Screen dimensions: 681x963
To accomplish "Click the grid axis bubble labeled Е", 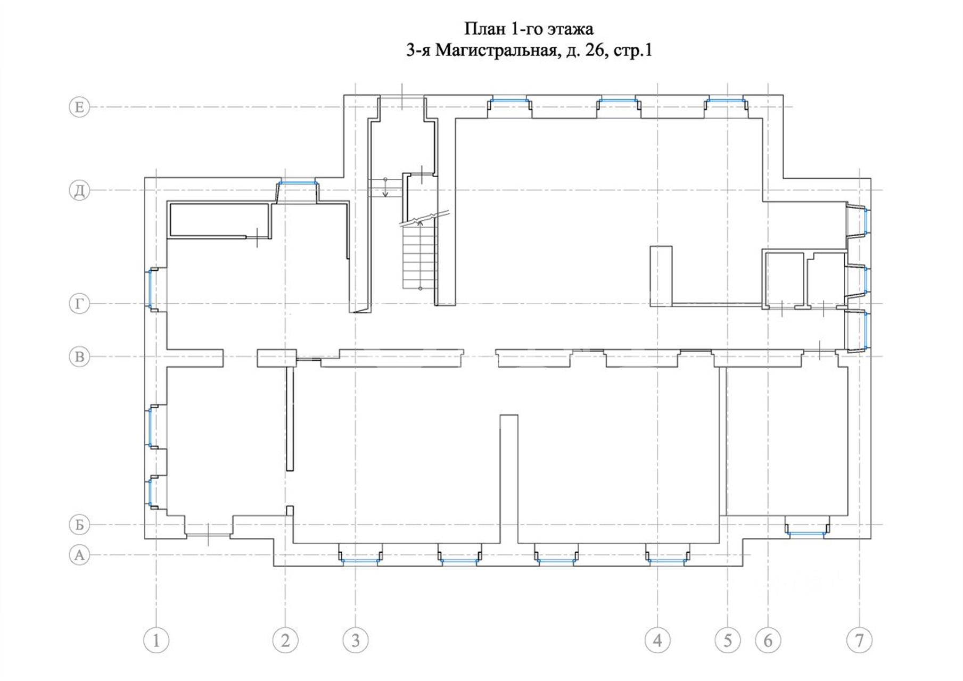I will tap(79, 107).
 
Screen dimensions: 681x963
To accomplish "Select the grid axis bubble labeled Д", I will tap(79, 190).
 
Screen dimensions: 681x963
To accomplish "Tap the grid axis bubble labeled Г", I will tap(79, 304).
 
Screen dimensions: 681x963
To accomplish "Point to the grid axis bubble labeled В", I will tap(79, 356).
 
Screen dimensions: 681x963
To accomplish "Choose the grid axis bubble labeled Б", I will tap(79, 525).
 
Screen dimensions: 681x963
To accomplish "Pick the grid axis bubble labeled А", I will tap(79, 555).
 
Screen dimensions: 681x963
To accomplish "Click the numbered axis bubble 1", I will tap(157, 640).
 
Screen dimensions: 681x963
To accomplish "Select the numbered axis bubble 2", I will tap(285, 640).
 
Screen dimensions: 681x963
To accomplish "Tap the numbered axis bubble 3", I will tap(356, 640).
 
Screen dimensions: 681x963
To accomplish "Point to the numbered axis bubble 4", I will tap(657, 640).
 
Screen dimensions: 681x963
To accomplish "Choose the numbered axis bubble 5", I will tap(728, 640).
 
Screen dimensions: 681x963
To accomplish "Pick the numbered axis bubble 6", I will tap(768, 640).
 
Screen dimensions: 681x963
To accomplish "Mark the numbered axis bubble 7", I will tap(859, 640).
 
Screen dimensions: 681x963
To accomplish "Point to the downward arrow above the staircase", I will tap(385, 189).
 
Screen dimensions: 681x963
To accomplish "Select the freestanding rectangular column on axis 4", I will tap(661, 276).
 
